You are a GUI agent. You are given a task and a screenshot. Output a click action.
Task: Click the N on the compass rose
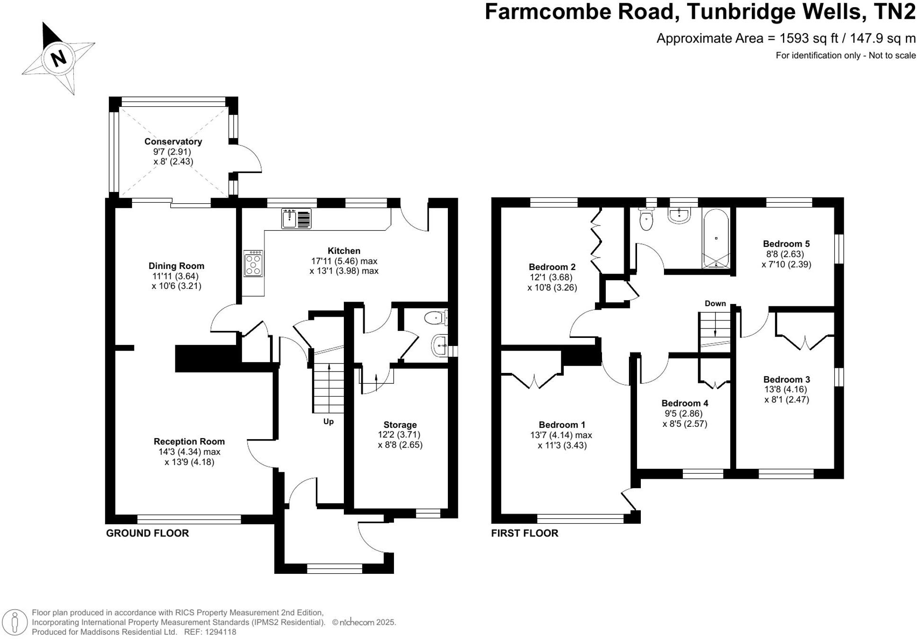tap(59, 59)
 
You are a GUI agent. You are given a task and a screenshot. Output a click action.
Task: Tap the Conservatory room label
tap(173, 141)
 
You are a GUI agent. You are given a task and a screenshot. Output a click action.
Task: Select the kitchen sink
tap(297, 218)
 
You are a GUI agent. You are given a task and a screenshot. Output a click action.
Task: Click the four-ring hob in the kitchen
tap(253, 263)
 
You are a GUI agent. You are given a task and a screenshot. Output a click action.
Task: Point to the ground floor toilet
tap(436, 318)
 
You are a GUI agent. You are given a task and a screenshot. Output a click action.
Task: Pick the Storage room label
tap(400, 424)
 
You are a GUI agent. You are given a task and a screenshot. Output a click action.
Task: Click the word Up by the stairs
tap(328, 421)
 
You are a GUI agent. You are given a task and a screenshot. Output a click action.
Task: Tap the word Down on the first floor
tap(715, 303)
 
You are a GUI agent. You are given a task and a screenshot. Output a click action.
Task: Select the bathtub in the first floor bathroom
tap(716, 239)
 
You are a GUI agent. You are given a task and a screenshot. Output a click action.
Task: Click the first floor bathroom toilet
tap(646, 219)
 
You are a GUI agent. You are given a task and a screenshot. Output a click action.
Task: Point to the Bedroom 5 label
tap(786, 244)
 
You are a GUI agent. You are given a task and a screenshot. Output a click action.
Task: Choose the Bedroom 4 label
tap(685, 403)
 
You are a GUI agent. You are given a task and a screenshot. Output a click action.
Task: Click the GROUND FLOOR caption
tap(148, 533)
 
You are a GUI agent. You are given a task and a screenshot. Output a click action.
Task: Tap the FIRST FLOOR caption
tap(524, 533)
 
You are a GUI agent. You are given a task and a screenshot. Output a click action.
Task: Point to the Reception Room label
tap(189, 441)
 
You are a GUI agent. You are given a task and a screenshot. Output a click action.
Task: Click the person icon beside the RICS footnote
tap(15, 622)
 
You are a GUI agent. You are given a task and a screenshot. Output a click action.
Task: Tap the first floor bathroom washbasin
tap(680, 216)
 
